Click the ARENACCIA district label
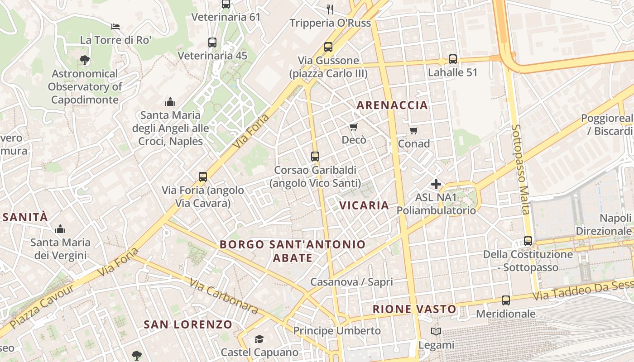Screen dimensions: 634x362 tap(392, 105)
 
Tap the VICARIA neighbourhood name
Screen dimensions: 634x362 tap(364, 205)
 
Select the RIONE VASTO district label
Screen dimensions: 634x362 tap(414, 310)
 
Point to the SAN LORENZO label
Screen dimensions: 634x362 tap(188, 324)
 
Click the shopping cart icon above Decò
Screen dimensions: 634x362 tap(354, 127)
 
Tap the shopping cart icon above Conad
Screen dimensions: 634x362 tap(413, 131)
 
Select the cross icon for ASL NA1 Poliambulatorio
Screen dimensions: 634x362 tap(436, 184)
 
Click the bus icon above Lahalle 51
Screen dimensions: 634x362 tap(453, 59)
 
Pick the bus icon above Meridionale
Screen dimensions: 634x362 tap(506, 300)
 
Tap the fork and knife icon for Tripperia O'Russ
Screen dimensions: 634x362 tap(330, 9)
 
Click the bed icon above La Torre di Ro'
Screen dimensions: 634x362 tap(115, 26)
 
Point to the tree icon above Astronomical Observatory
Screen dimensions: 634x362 tap(84, 59)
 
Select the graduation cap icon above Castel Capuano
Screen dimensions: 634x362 tap(259, 339)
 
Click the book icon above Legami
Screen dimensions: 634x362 tap(436, 332)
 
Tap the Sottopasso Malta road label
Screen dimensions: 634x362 tap(520, 170)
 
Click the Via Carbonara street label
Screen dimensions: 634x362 tap(224, 296)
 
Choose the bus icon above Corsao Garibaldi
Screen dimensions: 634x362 tap(315, 157)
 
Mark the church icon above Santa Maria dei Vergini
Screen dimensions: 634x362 tap(60, 229)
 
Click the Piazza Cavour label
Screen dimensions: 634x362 tap(42, 306)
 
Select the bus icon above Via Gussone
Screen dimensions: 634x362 tap(328, 47)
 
